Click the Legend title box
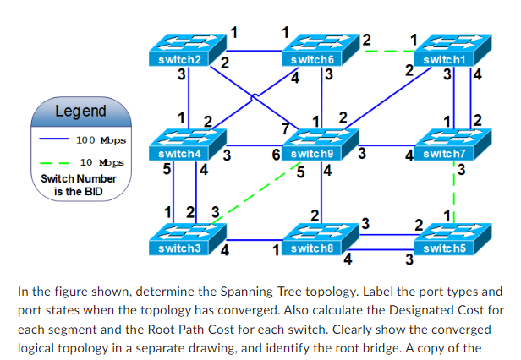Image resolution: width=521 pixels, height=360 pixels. click(80, 111)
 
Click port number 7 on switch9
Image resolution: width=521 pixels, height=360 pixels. click(285, 128)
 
